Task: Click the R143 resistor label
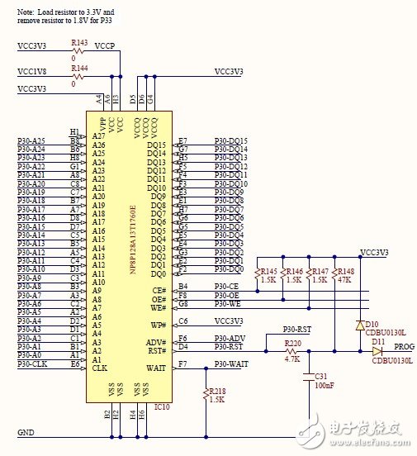pyautogui.click(x=80, y=42)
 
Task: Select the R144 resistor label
pyautogui.click(x=80, y=70)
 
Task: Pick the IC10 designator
pyautogui.click(x=162, y=406)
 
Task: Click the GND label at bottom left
pyautogui.click(x=26, y=432)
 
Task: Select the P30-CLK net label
pyautogui.click(x=33, y=363)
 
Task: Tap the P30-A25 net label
pyautogui.click(x=31, y=141)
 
